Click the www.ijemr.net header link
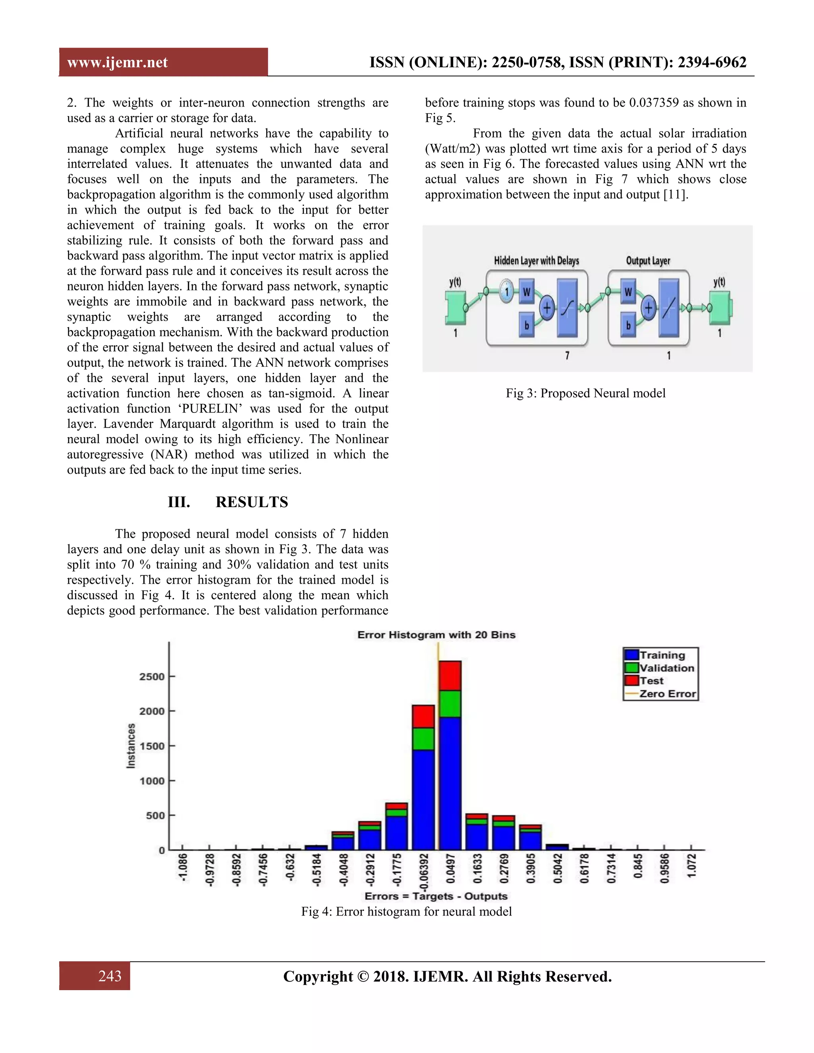117,63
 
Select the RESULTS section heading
251,502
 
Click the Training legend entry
662,655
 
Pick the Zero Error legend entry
667,694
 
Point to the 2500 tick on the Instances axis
152,676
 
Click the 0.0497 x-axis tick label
450,868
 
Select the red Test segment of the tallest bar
450,676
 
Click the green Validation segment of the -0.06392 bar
423,739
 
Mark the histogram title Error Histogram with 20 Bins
436,635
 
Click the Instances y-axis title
131,745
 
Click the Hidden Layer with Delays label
536,261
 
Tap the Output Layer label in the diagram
647,261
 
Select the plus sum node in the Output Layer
649,308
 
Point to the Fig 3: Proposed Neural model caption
585,393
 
